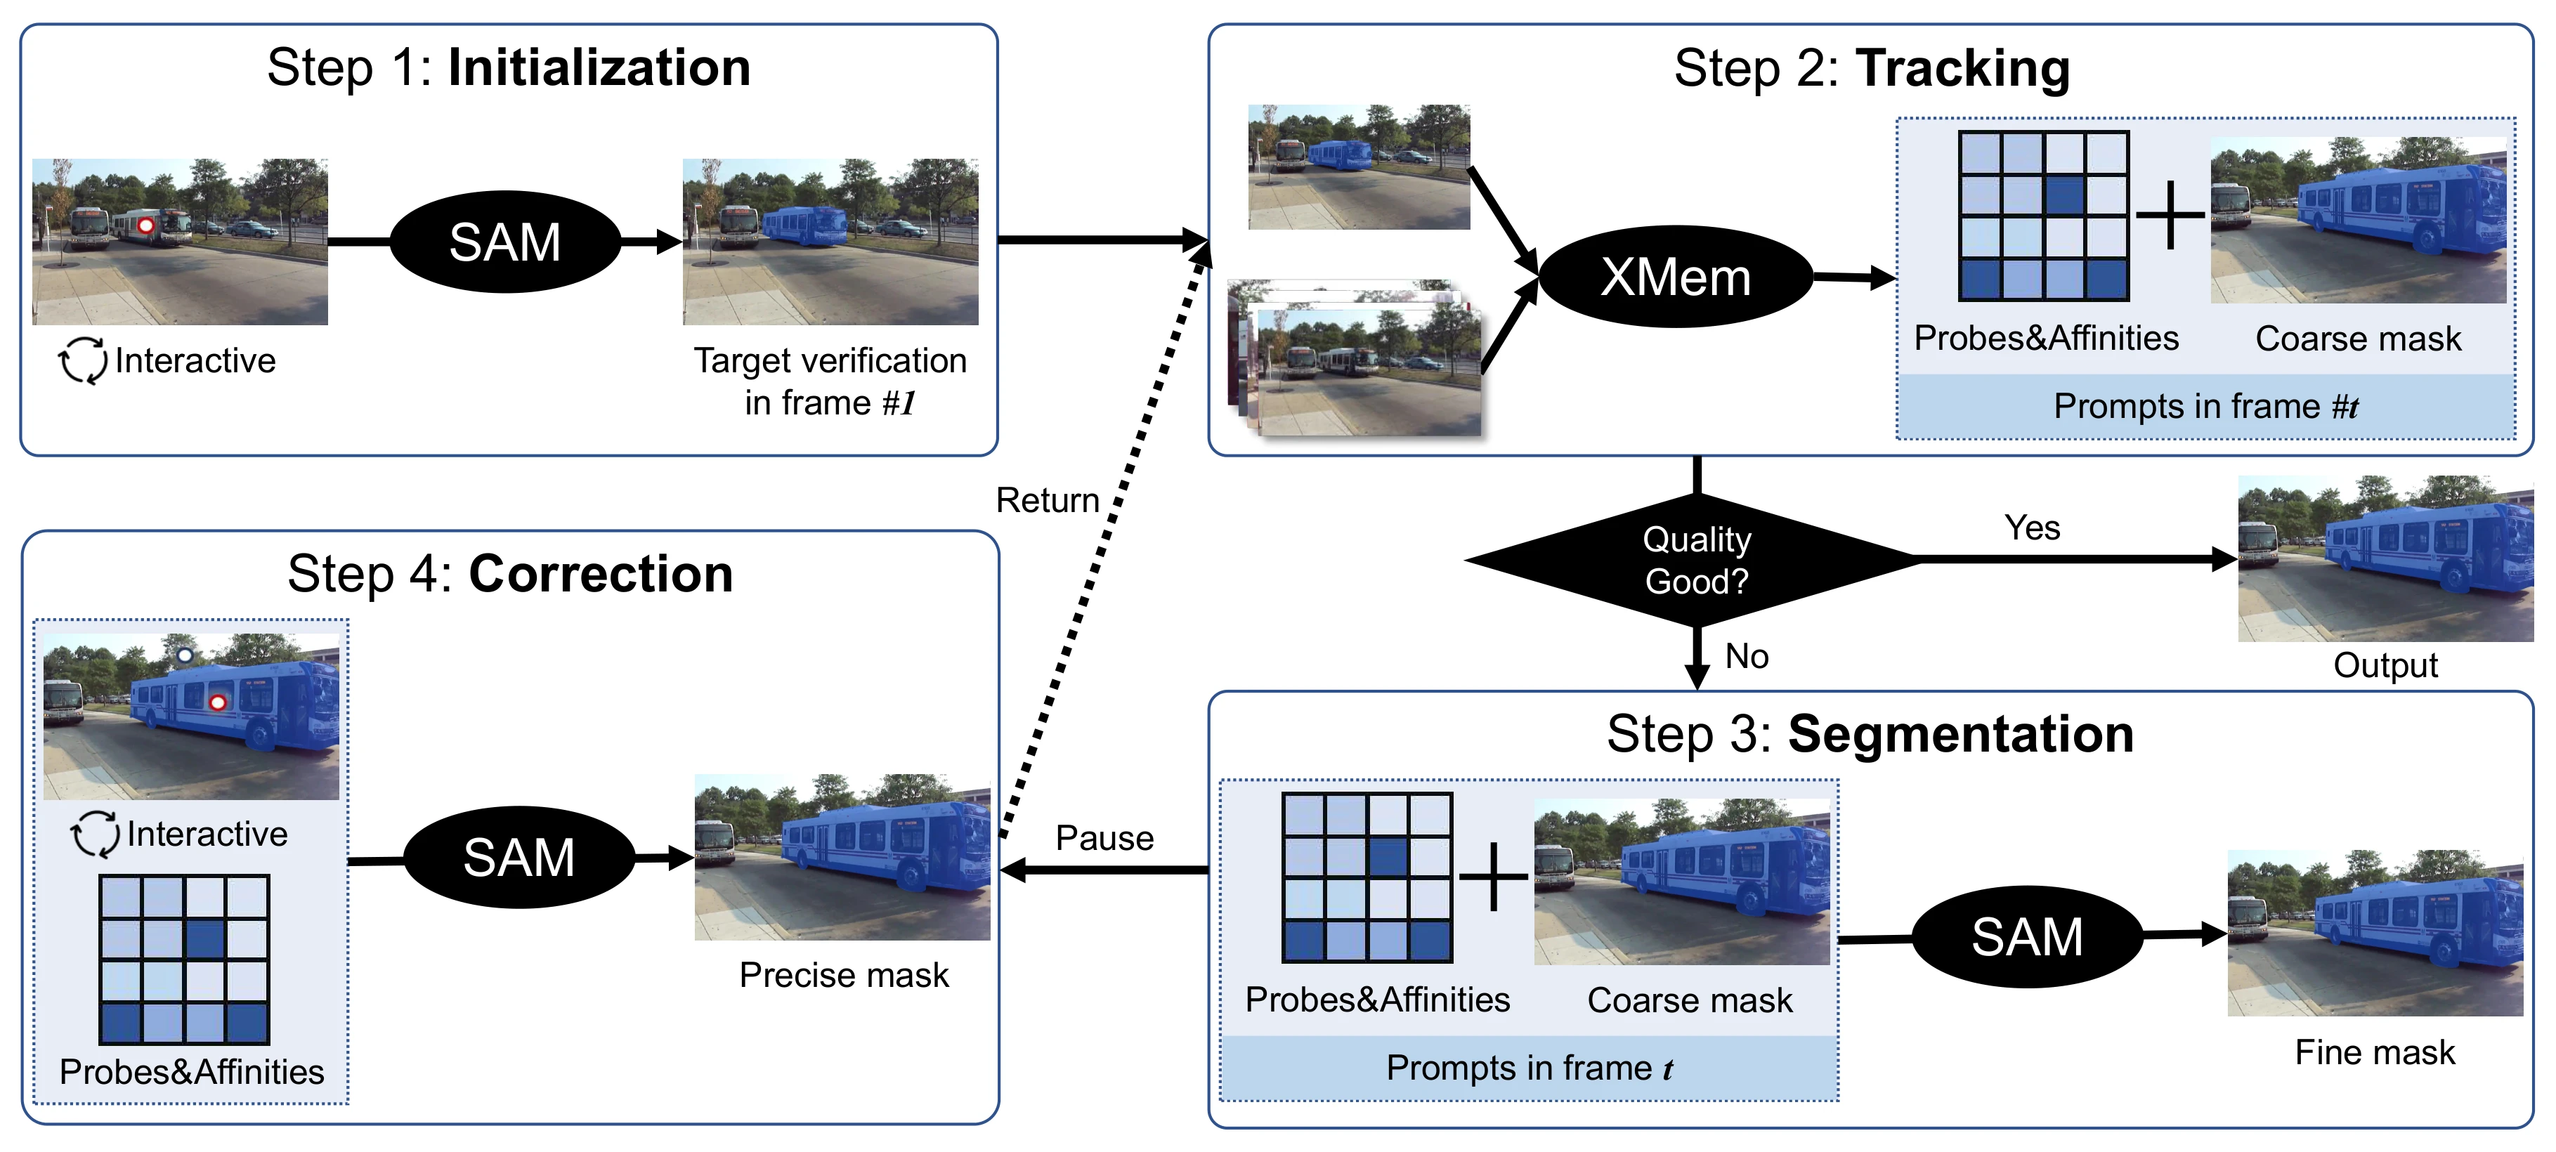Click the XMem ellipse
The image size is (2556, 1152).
click(1676, 277)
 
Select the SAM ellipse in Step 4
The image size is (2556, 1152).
click(519, 857)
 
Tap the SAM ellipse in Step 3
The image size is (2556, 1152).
click(2027, 936)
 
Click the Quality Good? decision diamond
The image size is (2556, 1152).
click(1697, 561)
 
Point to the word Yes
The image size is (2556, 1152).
click(2032, 528)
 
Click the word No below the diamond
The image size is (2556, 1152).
click(1747, 656)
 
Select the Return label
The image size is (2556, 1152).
click(1048, 500)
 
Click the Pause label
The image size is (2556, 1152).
click(1104, 839)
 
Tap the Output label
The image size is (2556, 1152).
click(2385, 665)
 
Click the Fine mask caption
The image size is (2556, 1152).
click(2375, 1052)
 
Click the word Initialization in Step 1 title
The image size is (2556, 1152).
click(599, 67)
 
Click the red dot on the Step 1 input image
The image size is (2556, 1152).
click(146, 225)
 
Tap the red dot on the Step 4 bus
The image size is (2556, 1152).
click(217, 702)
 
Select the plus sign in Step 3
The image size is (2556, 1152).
click(1493, 877)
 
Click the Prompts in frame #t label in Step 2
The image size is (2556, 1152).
click(2205, 406)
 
